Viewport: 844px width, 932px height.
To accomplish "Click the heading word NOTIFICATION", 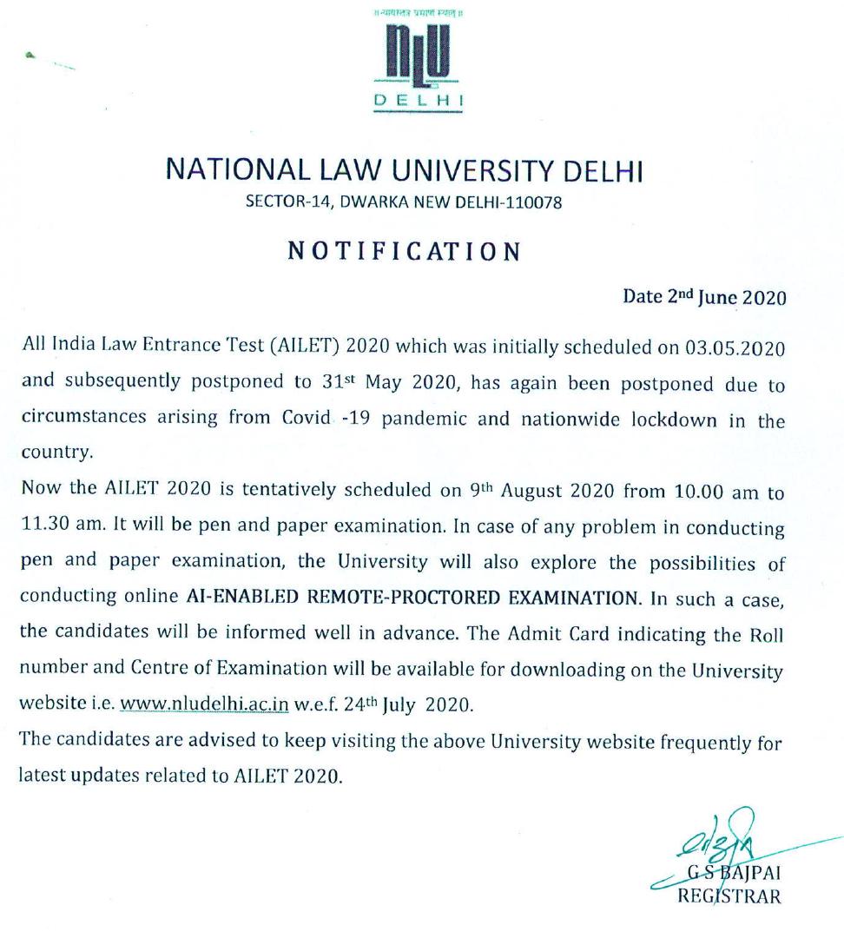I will point(404,252).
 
